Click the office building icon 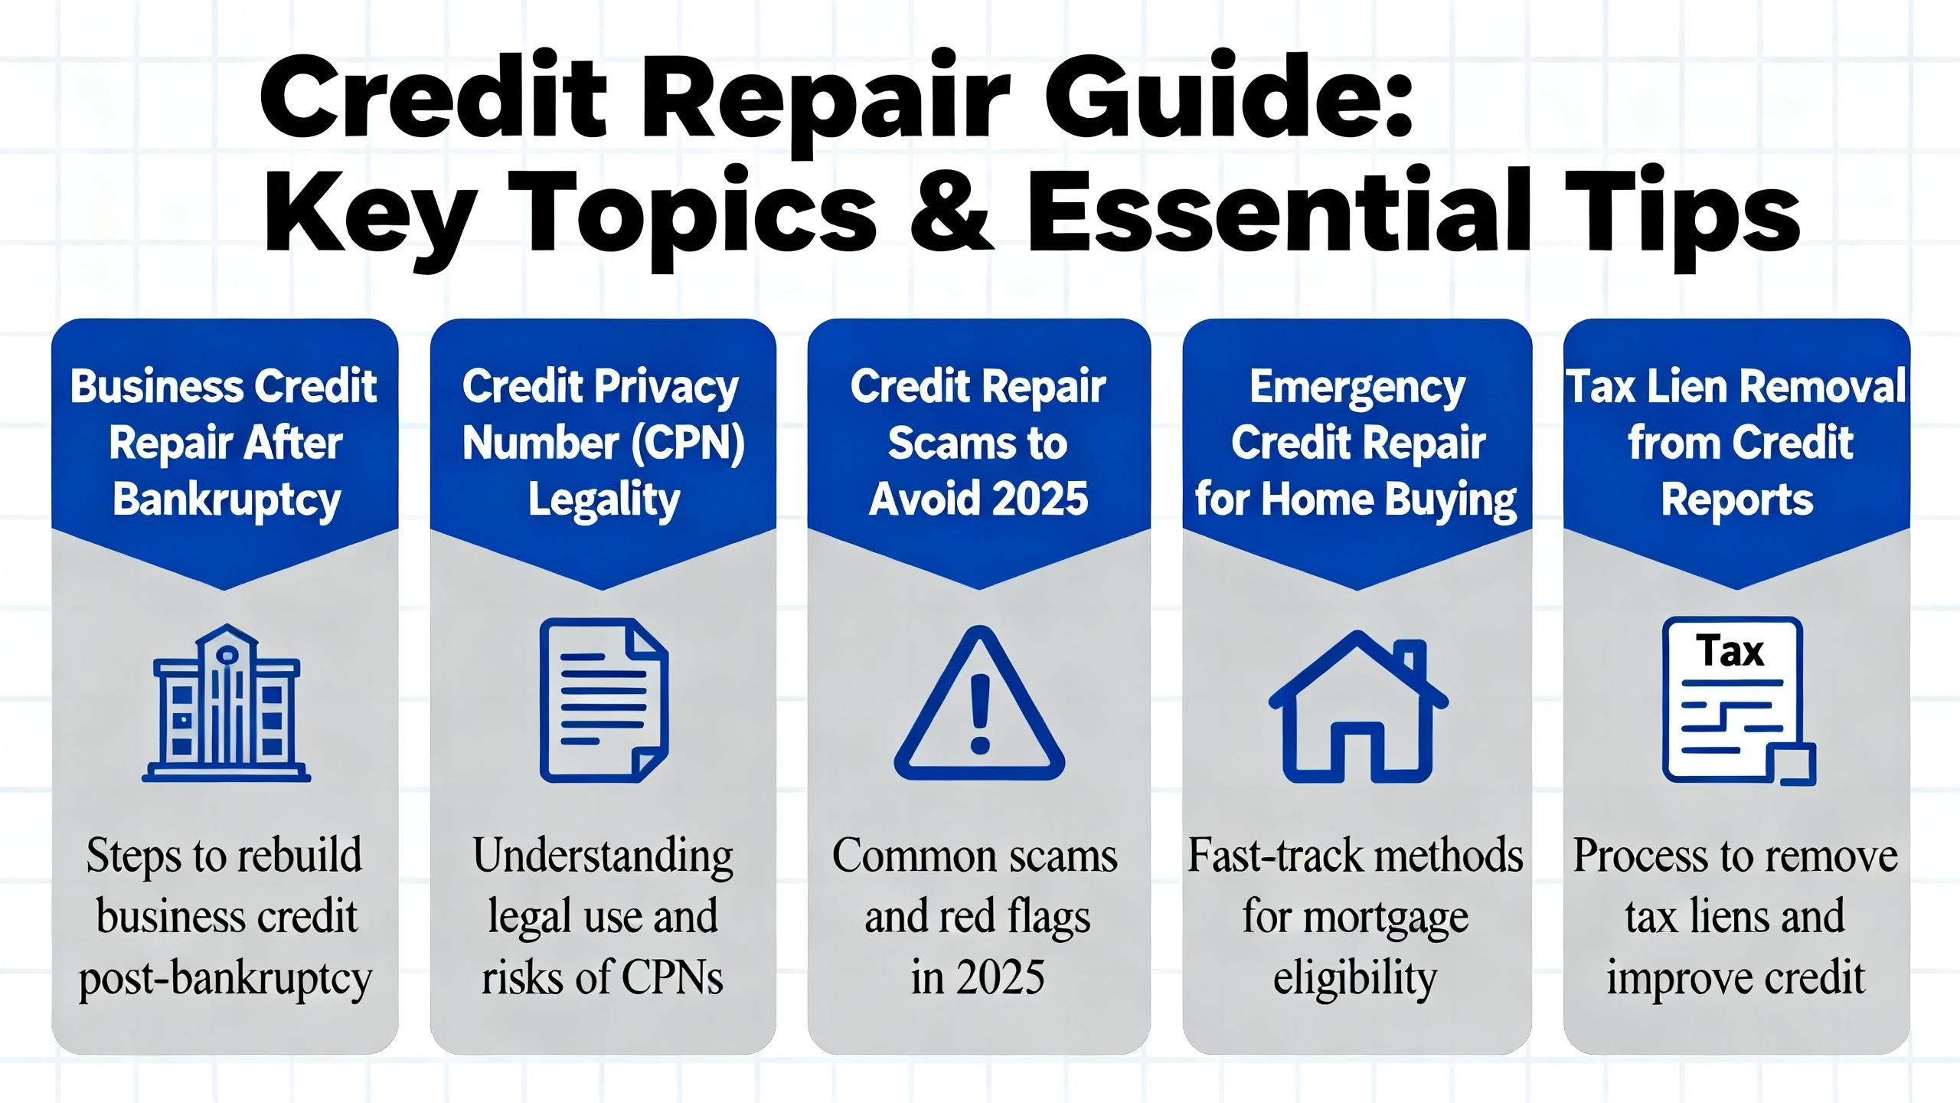pos(227,702)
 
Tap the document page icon pos(604,700)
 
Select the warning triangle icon pos(979,703)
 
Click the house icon pos(1358,706)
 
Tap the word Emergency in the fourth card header pos(1357,388)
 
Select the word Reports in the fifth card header pos(1737,501)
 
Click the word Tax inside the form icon pos(1730,652)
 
